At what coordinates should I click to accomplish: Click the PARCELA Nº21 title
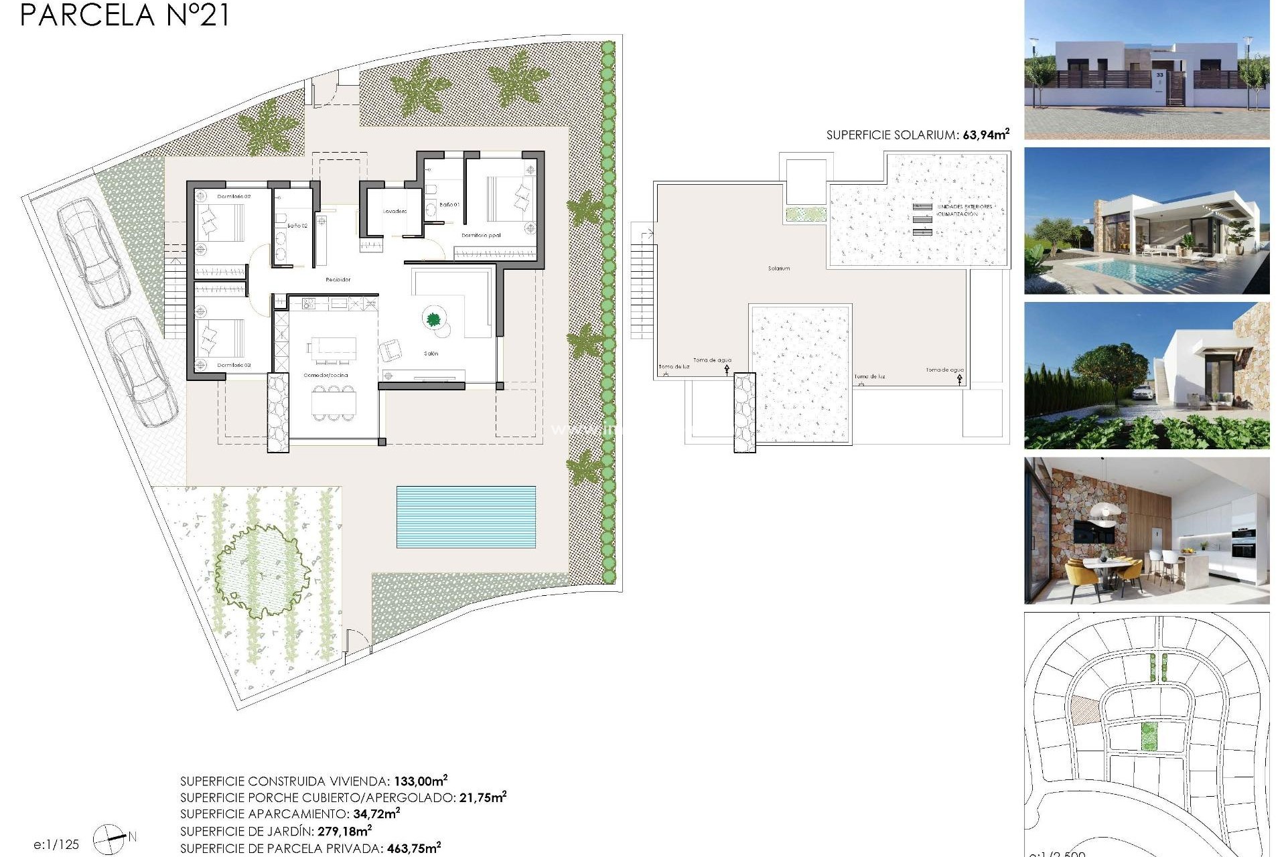point(125,15)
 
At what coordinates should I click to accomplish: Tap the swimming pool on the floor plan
point(466,516)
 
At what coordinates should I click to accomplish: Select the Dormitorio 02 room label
point(234,197)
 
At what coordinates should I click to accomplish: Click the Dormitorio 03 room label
point(234,366)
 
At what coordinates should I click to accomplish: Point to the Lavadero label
point(395,212)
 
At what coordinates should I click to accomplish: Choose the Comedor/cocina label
point(326,376)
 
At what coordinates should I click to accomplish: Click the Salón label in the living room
point(431,354)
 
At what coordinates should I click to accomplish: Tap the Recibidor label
point(338,280)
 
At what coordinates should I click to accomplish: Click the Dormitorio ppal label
point(481,236)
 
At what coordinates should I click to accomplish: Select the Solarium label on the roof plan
point(778,268)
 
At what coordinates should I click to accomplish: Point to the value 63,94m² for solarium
point(985,135)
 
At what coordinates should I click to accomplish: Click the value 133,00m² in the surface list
point(420,781)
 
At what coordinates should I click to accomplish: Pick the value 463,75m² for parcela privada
point(413,848)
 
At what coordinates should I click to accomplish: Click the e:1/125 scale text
point(56,845)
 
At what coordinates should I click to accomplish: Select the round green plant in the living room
point(433,319)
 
